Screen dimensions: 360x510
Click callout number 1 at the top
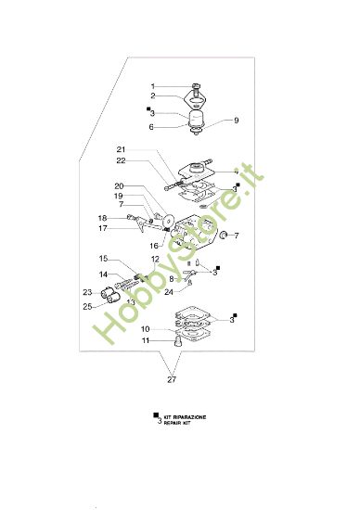(154, 86)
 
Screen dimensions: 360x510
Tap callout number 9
(211, 120)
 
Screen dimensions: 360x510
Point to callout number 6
(154, 127)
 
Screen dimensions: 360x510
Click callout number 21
(121, 150)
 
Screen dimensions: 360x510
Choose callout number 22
(121, 160)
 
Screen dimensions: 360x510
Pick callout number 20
(119, 186)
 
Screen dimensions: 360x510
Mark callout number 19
(119, 196)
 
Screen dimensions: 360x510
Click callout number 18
(104, 217)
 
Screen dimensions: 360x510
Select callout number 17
(104, 228)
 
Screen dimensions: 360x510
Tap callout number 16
(154, 246)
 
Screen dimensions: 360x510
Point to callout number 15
(104, 259)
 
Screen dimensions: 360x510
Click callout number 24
(170, 292)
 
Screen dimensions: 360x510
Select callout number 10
(146, 328)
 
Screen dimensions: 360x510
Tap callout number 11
(146, 340)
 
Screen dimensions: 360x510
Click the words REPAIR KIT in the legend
(183, 423)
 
